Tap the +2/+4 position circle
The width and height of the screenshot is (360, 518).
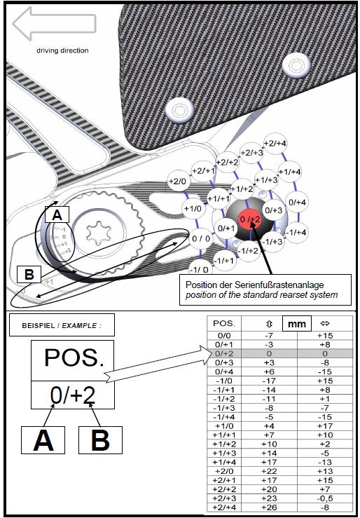275,144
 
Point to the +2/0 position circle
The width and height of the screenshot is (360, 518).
178,182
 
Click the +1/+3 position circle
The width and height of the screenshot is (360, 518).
266,180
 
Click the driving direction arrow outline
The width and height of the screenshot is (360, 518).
54,23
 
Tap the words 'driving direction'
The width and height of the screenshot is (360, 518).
62,51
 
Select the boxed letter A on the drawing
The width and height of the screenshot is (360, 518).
57,215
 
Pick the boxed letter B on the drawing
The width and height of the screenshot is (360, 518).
29,275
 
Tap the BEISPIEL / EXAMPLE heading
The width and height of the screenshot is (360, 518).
62,325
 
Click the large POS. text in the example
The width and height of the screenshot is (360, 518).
74,357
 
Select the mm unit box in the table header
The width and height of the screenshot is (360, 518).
297,324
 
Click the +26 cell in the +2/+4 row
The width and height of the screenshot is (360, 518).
269,507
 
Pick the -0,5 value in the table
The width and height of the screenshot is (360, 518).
325,498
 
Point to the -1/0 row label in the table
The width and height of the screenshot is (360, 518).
224,381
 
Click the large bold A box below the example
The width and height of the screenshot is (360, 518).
43,440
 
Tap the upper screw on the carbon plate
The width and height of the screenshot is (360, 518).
297,65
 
